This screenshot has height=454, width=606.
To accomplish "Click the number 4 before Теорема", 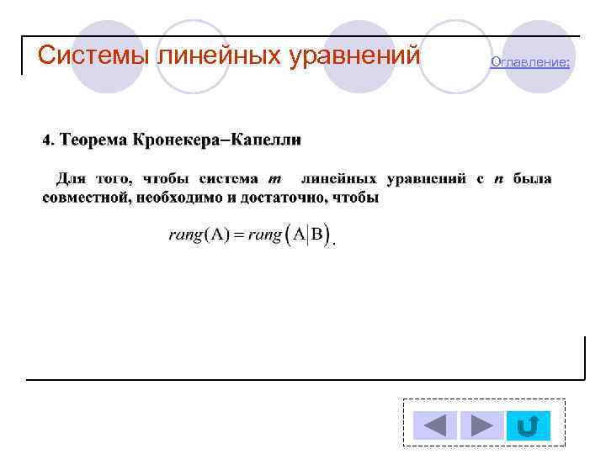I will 47,139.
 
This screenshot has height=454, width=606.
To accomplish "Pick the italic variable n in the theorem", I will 498,179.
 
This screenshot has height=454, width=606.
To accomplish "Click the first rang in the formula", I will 185,235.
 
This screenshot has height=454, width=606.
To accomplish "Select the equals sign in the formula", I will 238,235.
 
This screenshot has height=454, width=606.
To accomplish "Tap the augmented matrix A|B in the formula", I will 309,235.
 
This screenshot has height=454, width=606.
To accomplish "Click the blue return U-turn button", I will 528,425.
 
